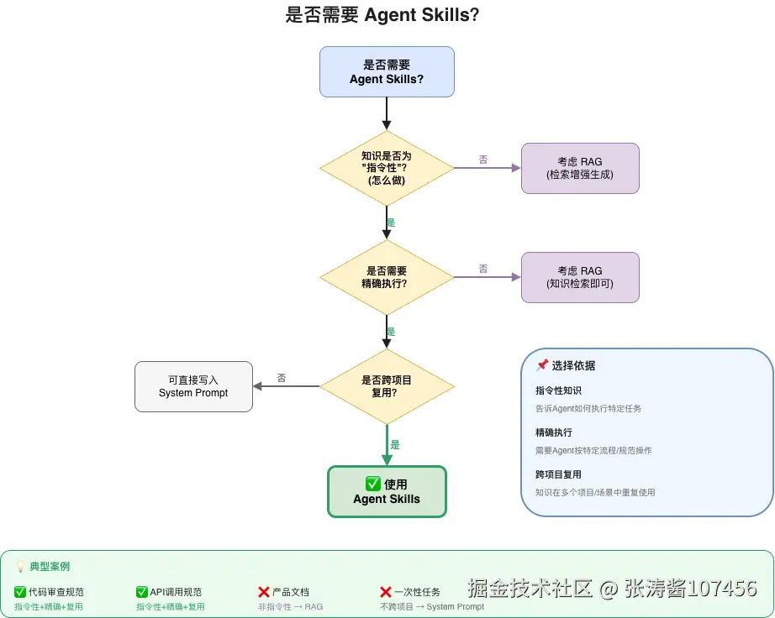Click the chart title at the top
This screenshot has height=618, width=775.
point(382,15)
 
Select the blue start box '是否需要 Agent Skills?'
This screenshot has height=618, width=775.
point(387,71)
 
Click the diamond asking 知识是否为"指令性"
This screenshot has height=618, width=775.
point(387,168)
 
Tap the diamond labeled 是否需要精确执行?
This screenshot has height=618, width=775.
point(387,277)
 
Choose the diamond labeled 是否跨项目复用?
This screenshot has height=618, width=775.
point(387,386)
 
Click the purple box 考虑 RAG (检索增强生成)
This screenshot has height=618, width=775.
point(580,168)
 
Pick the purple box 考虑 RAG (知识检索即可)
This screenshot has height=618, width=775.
point(580,277)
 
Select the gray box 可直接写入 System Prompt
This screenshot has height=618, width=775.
point(193,386)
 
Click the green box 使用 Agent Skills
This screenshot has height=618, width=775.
point(387,491)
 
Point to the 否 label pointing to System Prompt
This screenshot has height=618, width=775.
point(282,378)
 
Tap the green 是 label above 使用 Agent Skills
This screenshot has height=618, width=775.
point(395,445)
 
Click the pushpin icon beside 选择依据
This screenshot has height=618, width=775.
point(542,365)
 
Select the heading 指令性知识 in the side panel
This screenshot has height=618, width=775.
point(558,390)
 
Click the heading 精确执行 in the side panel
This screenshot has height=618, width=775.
point(553,432)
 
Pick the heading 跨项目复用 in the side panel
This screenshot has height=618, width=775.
point(558,474)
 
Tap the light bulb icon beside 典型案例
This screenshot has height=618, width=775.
point(21,567)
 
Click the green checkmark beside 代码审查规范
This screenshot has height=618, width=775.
point(20,592)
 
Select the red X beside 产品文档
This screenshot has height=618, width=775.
point(264,592)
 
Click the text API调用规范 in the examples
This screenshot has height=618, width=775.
point(176,592)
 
